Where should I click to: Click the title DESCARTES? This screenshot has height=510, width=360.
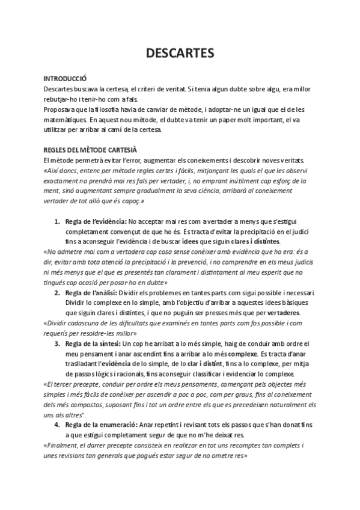click(180, 53)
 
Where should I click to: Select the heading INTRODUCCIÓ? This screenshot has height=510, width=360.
click(66, 79)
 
